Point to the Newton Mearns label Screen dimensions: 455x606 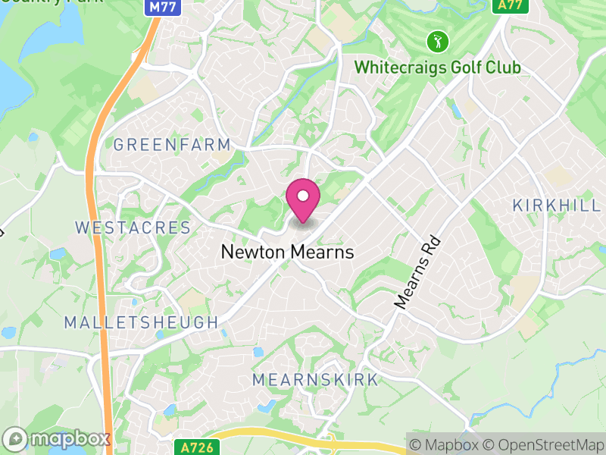pyautogui.click(x=287, y=252)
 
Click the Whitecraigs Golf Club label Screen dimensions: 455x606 pyautogui.click(x=438, y=67)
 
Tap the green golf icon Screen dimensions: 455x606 pyautogui.click(x=438, y=40)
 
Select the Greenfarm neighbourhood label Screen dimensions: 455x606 pyautogui.click(x=171, y=144)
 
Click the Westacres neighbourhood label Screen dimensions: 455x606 pyautogui.click(x=133, y=227)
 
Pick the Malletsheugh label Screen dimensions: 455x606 pyautogui.click(x=141, y=322)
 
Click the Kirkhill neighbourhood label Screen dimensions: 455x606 pyautogui.click(x=556, y=205)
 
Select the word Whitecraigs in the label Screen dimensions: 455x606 pyautogui.click(x=395, y=67)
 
